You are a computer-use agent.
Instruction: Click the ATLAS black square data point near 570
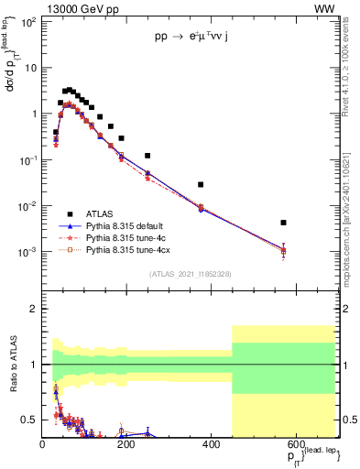click(284, 223)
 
